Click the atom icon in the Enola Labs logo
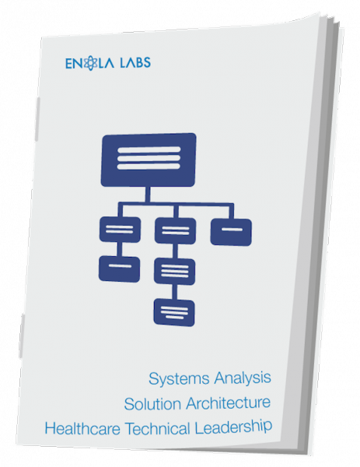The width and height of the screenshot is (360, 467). [x=90, y=63]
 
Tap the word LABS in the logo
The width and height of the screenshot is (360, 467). [x=135, y=62]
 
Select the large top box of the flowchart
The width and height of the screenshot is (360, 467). [x=149, y=160]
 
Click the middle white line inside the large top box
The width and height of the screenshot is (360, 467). [x=149, y=158]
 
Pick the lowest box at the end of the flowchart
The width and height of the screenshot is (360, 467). [x=174, y=313]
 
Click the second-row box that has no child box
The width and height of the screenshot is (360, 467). [x=231, y=232]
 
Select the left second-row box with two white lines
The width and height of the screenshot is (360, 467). [x=120, y=230]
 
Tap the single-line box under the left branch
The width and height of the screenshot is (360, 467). [x=119, y=269]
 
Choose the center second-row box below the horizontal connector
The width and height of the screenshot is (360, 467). [x=175, y=231]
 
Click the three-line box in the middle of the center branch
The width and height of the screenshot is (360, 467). [x=175, y=272]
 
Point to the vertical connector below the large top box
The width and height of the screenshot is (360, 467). [x=148, y=195]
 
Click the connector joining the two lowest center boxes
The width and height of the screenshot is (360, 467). [x=175, y=292]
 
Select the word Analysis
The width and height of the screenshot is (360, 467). [x=243, y=378]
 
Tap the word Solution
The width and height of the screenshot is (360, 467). [x=152, y=404]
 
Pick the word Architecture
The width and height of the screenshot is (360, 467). [x=228, y=402]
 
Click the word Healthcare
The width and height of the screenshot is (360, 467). [x=82, y=429]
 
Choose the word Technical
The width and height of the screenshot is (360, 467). [x=157, y=429]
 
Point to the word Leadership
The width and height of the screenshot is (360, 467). [x=233, y=427]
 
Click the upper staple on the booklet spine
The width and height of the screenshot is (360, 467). [x=37, y=119]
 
